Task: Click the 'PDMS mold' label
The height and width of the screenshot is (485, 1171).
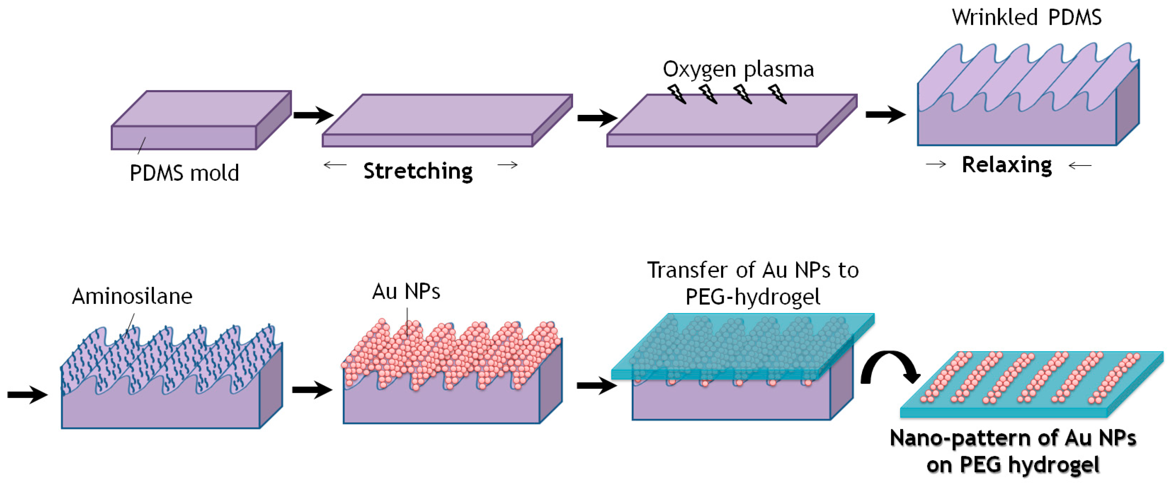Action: point(184,173)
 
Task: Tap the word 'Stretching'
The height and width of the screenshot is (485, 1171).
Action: point(418,171)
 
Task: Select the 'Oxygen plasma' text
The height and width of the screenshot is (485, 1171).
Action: point(738,70)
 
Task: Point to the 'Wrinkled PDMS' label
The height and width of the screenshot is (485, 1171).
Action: point(1026,17)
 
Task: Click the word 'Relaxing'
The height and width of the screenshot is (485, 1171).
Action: point(1007,165)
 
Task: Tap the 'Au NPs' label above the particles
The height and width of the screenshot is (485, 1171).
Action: point(406,291)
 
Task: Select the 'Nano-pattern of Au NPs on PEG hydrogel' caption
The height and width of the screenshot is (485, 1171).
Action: point(1013,451)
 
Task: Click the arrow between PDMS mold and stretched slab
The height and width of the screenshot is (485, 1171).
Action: point(313,114)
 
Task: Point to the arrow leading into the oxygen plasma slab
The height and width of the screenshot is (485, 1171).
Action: point(597,118)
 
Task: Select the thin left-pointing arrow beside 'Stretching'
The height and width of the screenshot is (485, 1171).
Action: point(335,165)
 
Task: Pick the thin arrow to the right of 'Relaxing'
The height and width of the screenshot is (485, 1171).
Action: point(1080,166)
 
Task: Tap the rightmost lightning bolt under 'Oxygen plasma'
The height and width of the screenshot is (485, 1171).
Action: point(777,93)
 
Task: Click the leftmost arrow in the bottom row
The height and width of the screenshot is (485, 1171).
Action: point(27,394)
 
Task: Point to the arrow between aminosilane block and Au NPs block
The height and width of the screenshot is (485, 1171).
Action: point(312,389)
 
